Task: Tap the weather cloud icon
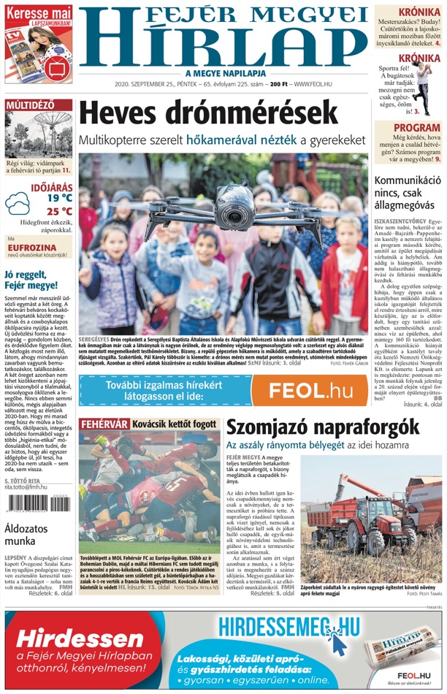tap(17, 203)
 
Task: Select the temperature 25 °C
tap(59, 212)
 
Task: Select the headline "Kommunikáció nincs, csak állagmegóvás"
tap(408, 193)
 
